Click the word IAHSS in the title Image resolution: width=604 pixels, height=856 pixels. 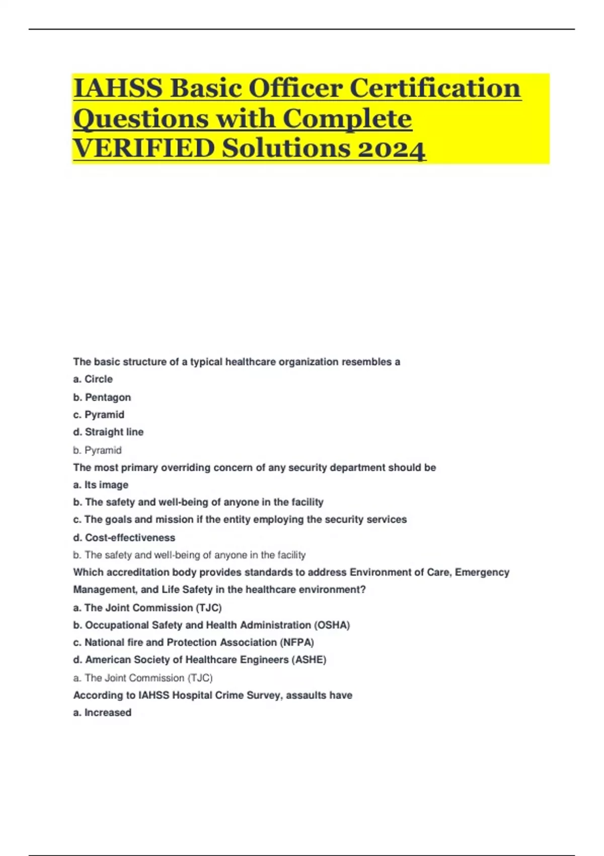click(x=118, y=88)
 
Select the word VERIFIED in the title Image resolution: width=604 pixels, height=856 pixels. click(x=143, y=149)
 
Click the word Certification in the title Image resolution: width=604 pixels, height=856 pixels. click(x=435, y=88)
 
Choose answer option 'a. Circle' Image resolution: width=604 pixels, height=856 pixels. click(x=93, y=379)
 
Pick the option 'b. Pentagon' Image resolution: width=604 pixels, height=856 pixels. click(x=102, y=397)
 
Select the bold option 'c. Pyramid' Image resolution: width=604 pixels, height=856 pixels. click(x=99, y=414)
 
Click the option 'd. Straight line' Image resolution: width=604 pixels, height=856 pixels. click(x=108, y=432)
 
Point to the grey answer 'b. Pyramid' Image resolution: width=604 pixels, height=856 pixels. click(x=97, y=450)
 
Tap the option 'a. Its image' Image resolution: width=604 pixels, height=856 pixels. click(x=101, y=485)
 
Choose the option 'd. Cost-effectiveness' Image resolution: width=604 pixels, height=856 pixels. click(x=124, y=538)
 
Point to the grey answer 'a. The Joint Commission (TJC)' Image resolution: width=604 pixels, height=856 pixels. click(x=143, y=678)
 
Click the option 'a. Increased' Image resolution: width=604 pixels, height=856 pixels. click(x=102, y=712)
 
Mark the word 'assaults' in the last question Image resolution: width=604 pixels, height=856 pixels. click(x=306, y=695)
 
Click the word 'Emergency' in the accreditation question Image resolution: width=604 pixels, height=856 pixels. click(x=482, y=573)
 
